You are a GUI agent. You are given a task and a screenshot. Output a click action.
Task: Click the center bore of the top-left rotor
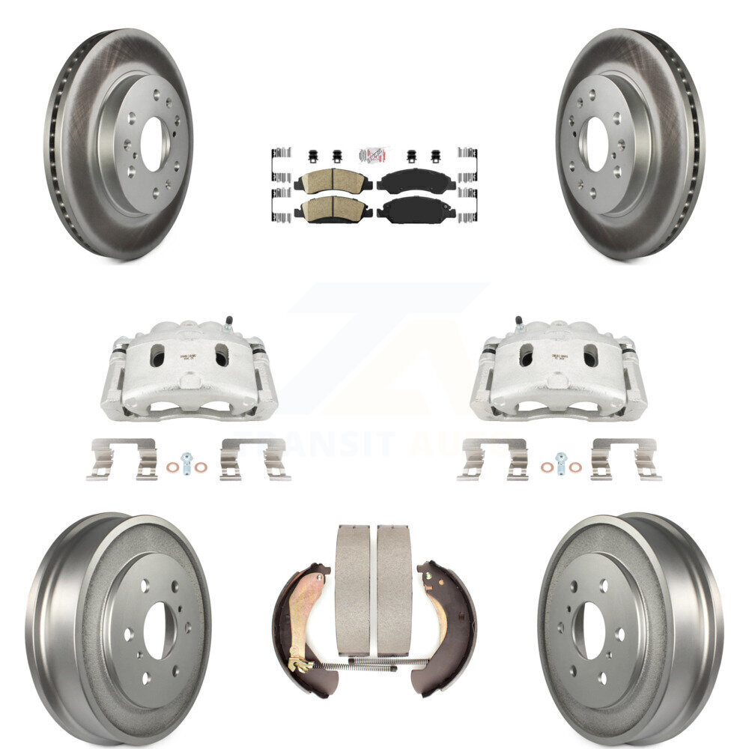point(152,145)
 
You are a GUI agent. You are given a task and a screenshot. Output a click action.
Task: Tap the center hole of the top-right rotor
point(597,145)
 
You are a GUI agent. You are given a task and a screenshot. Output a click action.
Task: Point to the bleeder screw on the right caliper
point(518,322)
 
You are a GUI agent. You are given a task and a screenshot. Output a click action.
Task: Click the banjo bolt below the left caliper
point(187,461)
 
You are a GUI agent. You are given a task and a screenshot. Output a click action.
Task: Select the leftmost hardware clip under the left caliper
point(121,458)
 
